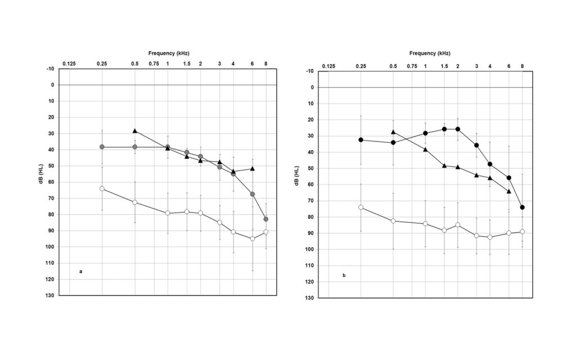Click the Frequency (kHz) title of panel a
(168, 53)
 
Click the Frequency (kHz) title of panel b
(430, 53)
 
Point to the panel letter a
(81, 272)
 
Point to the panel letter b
(344, 275)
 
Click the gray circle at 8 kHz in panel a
(266, 219)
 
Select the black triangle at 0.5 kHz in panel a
(135, 130)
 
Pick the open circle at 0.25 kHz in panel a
(102, 188)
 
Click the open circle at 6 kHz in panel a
(253, 238)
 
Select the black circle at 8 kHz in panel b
(523, 207)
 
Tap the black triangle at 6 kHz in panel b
(509, 191)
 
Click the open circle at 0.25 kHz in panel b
(361, 207)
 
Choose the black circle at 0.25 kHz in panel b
(361, 139)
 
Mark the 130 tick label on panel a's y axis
(49, 295)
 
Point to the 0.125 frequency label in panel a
(69, 64)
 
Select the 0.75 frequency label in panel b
(412, 66)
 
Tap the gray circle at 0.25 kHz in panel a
(102, 147)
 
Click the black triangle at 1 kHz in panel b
(425, 150)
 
